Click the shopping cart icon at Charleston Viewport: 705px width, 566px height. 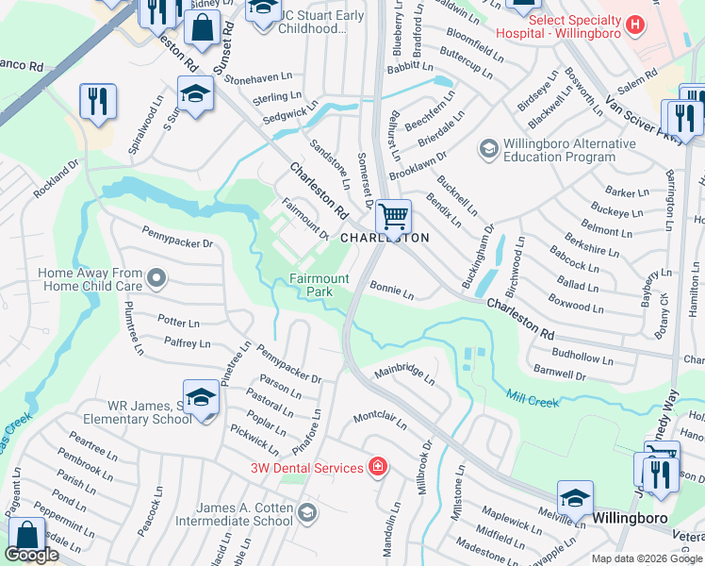(x=392, y=216)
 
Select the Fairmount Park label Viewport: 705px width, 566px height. (x=319, y=285)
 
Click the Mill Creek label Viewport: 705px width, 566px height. (x=533, y=400)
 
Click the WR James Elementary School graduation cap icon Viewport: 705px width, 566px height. (x=202, y=399)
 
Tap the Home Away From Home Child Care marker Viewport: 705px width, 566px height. (x=156, y=278)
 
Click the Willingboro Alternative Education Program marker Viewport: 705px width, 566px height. (x=488, y=148)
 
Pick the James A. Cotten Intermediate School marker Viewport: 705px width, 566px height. (x=306, y=513)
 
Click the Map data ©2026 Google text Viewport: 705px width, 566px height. (x=646, y=558)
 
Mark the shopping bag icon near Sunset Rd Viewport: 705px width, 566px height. (x=202, y=28)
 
